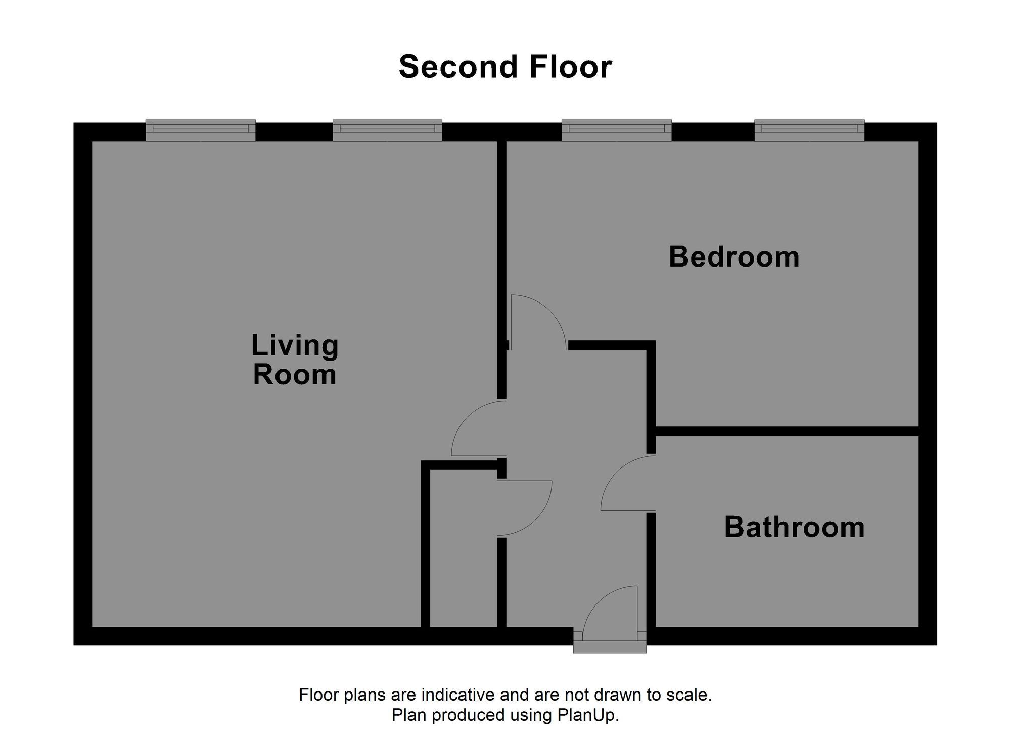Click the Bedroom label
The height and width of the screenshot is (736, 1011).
[734, 257]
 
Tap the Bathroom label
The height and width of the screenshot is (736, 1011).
[794, 527]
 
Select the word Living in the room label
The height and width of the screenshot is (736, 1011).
[295, 346]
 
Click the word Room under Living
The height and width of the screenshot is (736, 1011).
[295, 375]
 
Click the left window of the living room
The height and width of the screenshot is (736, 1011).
[200, 130]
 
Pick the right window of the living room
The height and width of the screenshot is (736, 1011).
[387, 130]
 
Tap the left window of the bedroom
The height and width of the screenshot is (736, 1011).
[617, 130]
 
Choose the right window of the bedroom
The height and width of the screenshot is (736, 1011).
[809, 130]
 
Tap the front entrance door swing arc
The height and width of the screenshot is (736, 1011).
[602, 601]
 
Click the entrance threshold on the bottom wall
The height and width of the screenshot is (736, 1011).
[610, 647]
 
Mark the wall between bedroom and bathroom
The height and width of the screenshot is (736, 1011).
[787, 431]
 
